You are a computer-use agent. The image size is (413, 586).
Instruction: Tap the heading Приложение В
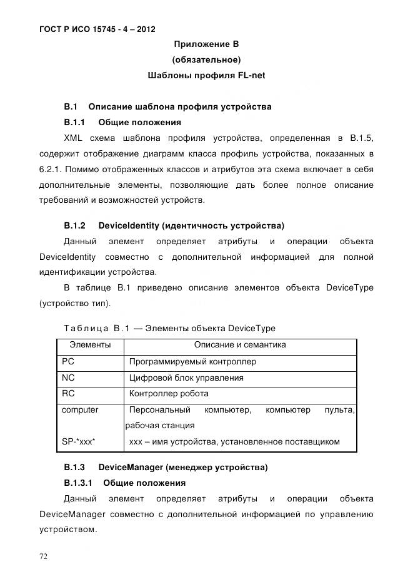(206, 44)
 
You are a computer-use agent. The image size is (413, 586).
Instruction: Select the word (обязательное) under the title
(206, 60)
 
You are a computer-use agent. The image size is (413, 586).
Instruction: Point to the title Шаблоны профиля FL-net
(206, 76)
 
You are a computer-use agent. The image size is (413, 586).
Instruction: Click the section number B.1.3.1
(78, 483)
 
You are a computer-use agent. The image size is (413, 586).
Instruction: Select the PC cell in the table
(68, 362)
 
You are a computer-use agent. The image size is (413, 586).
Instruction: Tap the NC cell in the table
(68, 378)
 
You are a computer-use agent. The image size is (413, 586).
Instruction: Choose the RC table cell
(68, 394)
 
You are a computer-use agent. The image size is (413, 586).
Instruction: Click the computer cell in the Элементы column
(80, 410)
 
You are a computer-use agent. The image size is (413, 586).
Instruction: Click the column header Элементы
(90, 345)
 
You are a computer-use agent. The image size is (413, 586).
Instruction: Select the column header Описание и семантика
(240, 345)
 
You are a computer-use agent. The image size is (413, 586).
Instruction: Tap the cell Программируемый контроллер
(192, 362)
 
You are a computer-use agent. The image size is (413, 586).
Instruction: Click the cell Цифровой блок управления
(186, 378)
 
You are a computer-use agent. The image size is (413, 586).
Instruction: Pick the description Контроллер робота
(169, 394)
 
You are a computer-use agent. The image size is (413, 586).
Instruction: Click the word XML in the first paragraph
(74, 138)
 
